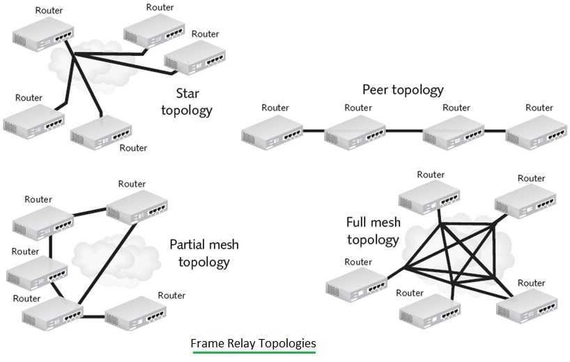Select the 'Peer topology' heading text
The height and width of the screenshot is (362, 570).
[403, 90]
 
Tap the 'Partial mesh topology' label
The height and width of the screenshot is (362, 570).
[203, 253]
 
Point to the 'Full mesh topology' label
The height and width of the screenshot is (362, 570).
[373, 231]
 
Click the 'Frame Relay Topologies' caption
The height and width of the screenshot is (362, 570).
[253, 343]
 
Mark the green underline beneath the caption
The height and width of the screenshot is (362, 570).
[253, 352]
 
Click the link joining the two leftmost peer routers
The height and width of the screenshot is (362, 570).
[315, 130]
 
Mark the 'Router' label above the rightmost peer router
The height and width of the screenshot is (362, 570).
[539, 108]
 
